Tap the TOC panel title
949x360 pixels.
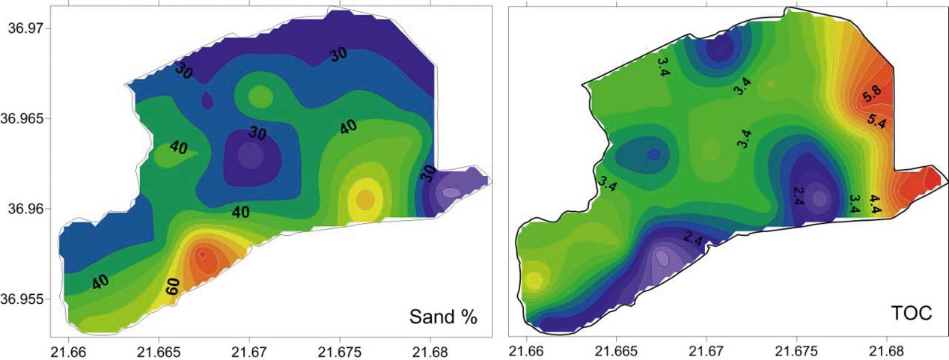pyautogui.click(x=910, y=314)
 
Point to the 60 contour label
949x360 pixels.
pyautogui.click(x=171, y=285)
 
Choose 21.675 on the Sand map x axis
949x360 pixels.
pyautogui.click(x=340, y=352)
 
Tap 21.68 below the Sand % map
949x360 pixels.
pyautogui.click(x=430, y=352)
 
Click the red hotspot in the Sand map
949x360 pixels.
pyautogui.click(x=203, y=257)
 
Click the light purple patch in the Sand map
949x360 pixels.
pyautogui.click(x=451, y=192)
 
